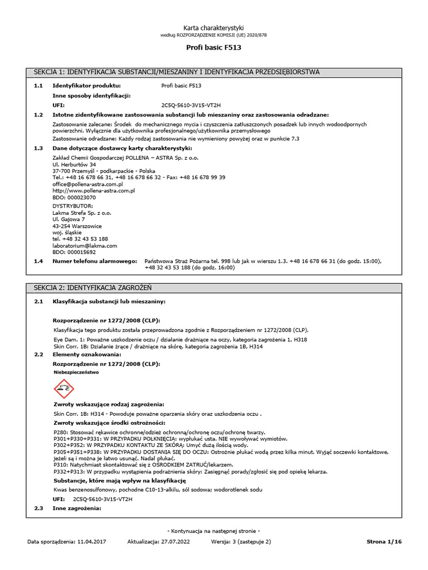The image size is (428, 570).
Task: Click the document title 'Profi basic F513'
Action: pyautogui.click(x=214, y=48)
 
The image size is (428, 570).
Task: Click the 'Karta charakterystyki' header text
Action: pyautogui.click(x=214, y=28)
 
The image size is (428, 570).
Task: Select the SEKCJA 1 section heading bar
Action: pyautogui.click(x=214, y=72)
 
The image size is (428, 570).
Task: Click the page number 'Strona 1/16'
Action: pyautogui.click(x=385, y=541)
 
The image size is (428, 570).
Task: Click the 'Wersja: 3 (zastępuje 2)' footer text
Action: pyautogui.click(x=241, y=541)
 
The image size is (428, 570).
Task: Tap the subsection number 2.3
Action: pyautogui.click(x=38, y=509)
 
